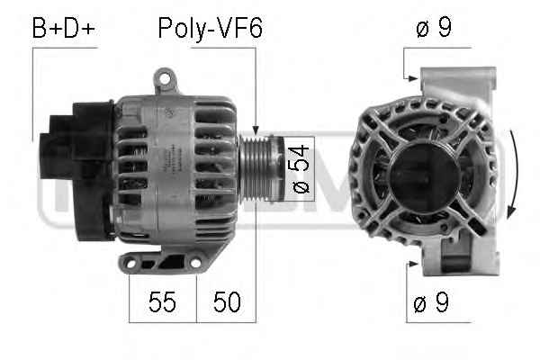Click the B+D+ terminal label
pos(63,28)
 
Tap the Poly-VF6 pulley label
pos(211,28)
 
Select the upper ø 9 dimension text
pos(434,26)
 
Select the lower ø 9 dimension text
pos(431,301)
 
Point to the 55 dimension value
pos(162,301)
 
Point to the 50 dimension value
pos(227,301)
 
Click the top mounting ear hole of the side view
pos(165,78)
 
